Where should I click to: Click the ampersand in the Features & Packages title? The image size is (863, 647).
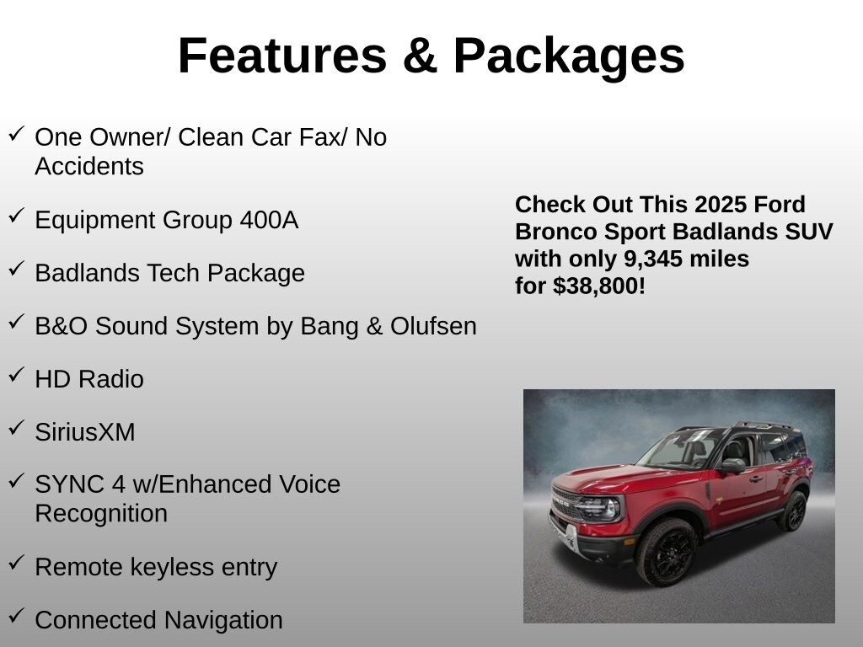(x=420, y=55)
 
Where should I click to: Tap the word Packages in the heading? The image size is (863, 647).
(x=569, y=58)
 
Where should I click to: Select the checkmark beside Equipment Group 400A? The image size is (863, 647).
(x=17, y=215)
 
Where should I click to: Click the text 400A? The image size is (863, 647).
(x=269, y=220)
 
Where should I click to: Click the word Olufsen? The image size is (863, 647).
(x=434, y=326)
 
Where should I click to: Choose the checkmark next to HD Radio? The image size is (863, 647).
(x=17, y=375)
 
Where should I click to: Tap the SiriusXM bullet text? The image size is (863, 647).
(x=85, y=432)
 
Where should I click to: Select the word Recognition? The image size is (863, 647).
(x=101, y=514)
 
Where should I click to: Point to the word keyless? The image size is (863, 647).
(x=171, y=567)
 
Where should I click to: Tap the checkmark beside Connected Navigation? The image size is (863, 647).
(x=17, y=614)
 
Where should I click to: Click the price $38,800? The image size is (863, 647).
(x=599, y=286)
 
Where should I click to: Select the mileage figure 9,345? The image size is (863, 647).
(x=653, y=259)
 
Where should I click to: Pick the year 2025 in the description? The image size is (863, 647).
(x=713, y=204)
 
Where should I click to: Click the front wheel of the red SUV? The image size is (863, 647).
(x=667, y=552)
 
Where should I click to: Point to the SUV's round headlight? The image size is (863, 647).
(x=611, y=508)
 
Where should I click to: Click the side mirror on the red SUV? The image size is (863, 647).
(x=733, y=466)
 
